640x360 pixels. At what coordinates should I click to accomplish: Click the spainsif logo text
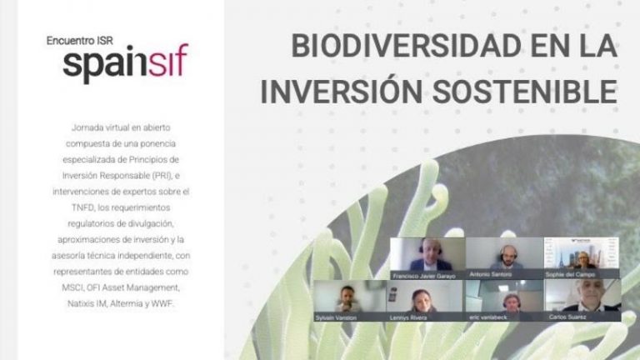[125, 63]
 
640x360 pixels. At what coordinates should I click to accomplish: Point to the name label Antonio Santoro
[505, 274]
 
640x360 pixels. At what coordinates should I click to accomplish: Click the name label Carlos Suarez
[567, 317]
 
